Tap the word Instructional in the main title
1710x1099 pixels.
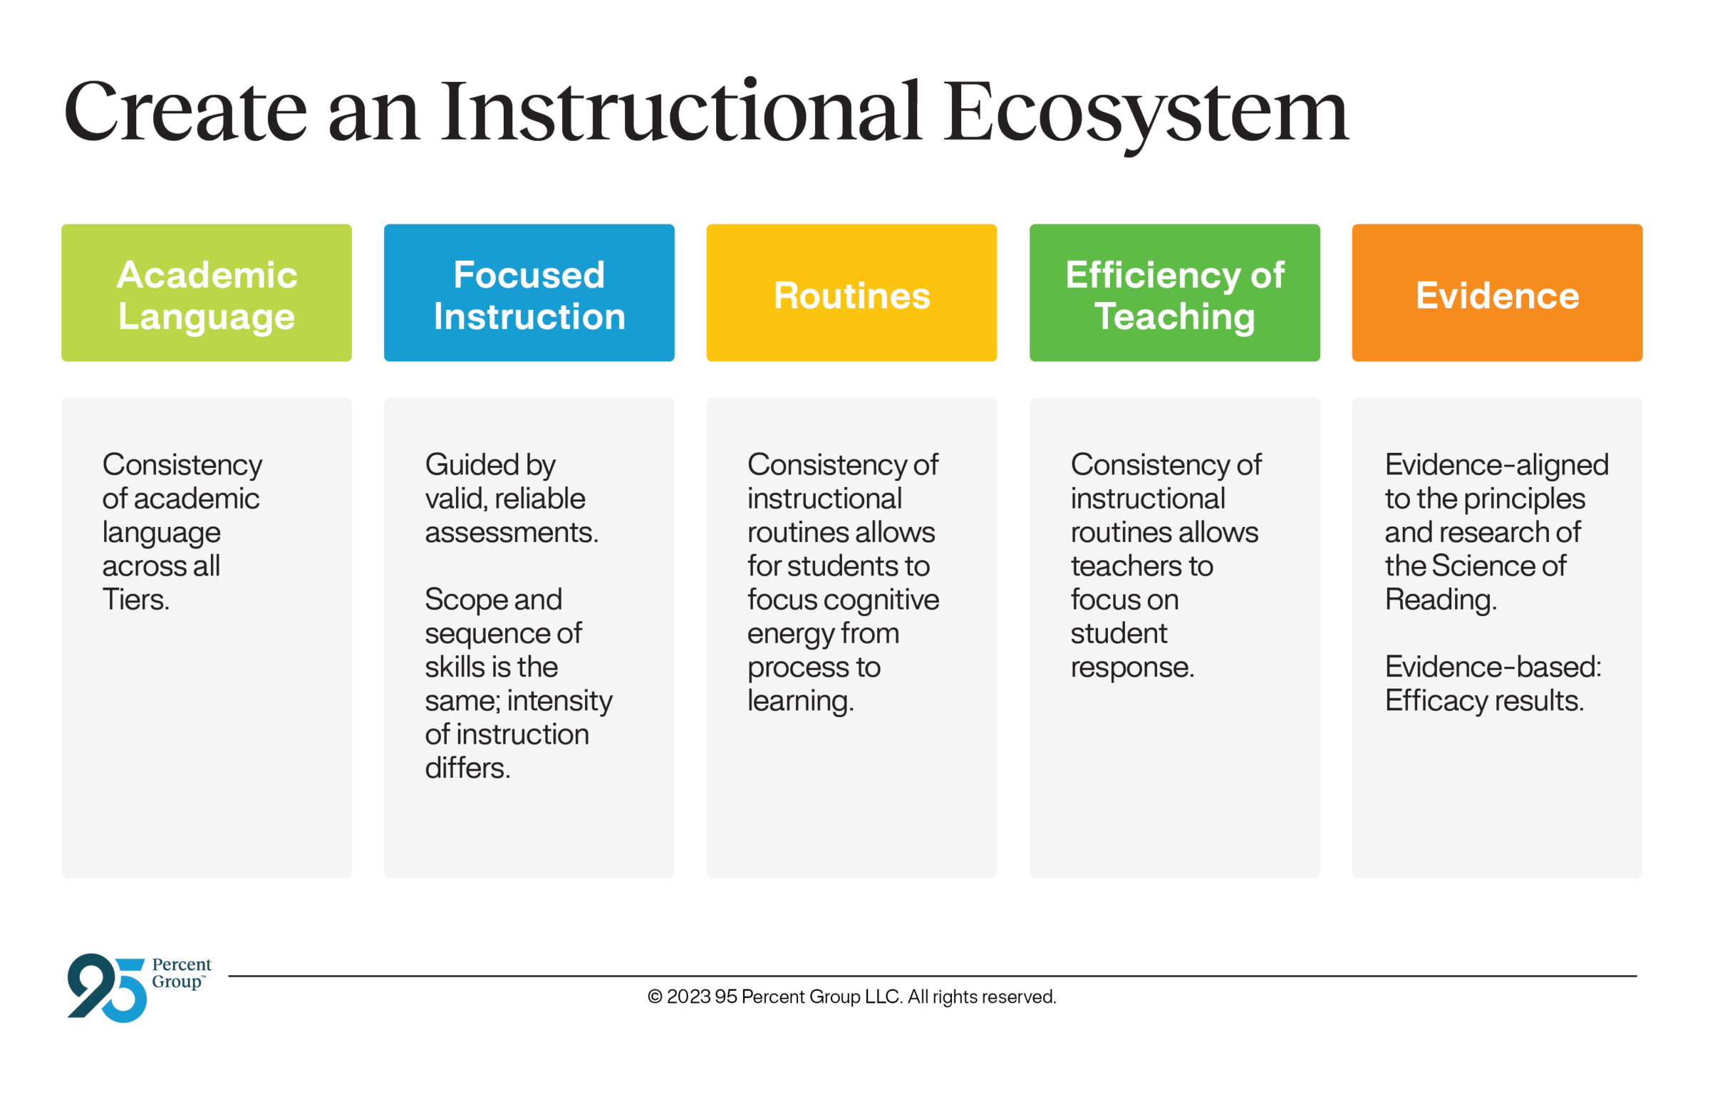pyautogui.click(x=681, y=110)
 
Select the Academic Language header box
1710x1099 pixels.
pyautogui.click(x=206, y=293)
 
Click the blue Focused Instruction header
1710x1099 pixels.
pyautogui.click(x=529, y=293)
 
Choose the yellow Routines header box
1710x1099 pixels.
pyautogui.click(x=851, y=293)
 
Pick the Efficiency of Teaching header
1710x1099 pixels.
pyautogui.click(x=1175, y=293)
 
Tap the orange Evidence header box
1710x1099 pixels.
pyautogui.click(x=1498, y=293)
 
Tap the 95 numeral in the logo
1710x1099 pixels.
pyautogui.click(x=107, y=988)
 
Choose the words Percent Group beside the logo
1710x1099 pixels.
pyautogui.click(x=181, y=974)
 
